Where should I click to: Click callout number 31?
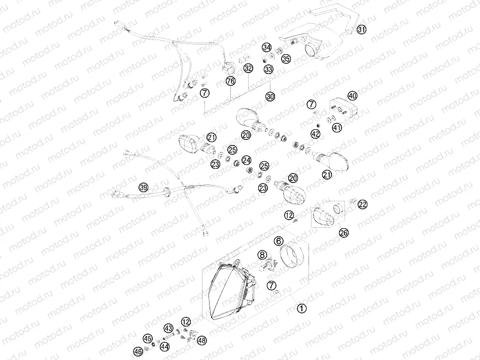click(x=361, y=29)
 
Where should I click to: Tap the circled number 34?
click(x=266, y=47)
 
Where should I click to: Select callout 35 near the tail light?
click(x=286, y=59)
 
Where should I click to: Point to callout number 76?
click(x=231, y=81)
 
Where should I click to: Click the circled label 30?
click(x=270, y=96)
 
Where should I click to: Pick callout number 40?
click(x=352, y=96)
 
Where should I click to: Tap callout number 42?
click(x=316, y=134)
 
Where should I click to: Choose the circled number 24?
click(x=247, y=160)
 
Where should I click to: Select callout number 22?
click(x=362, y=204)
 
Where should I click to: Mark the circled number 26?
click(x=344, y=233)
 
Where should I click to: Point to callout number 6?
click(x=279, y=241)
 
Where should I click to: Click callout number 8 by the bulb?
click(x=262, y=255)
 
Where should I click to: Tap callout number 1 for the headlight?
click(x=301, y=308)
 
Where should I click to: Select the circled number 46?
click(x=138, y=351)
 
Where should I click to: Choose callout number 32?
click(x=248, y=67)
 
